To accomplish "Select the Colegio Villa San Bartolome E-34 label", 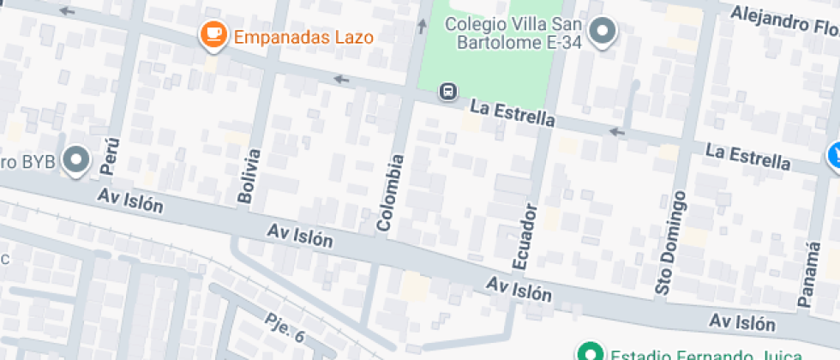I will tap(513, 33).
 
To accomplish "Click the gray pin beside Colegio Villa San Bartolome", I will tap(604, 33).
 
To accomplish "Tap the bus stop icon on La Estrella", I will tap(447, 91).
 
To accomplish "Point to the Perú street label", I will tap(110, 153).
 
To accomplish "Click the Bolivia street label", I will tap(249, 176).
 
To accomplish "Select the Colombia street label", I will tap(389, 193).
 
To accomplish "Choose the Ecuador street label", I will tap(525, 235).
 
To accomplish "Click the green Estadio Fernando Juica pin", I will tap(589, 351).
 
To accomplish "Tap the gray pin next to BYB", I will tap(78, 159).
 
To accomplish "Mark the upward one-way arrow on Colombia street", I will tap(422, 26).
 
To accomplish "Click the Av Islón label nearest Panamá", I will tap(742, 322).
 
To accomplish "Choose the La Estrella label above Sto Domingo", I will tap(747, 156).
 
